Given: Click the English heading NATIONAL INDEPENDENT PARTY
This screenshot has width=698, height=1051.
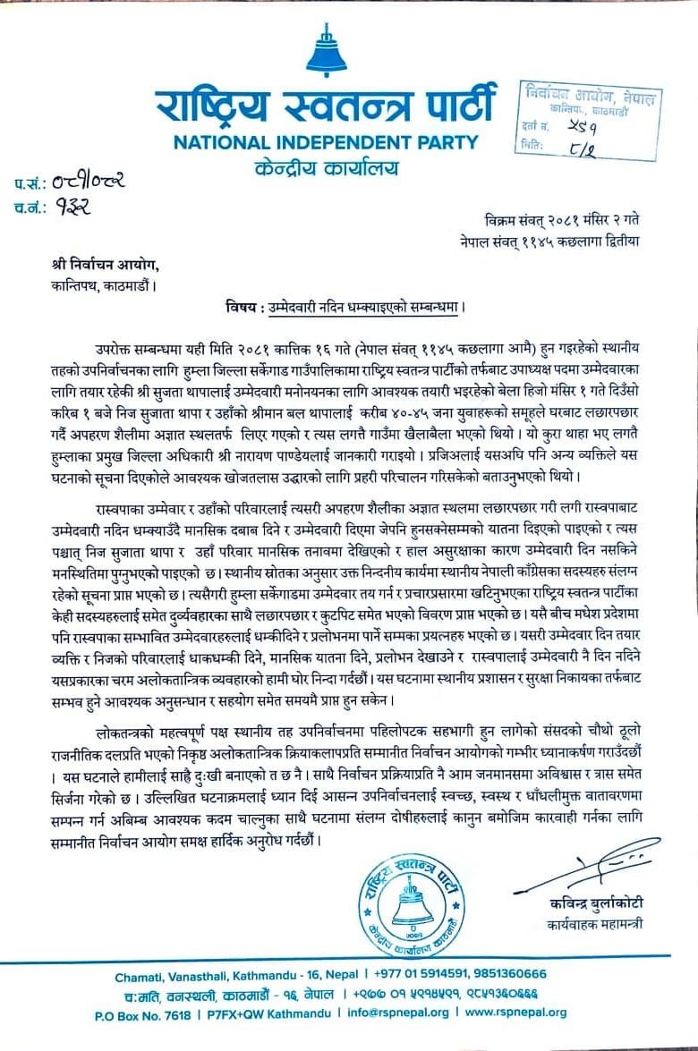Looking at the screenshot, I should (x=326, y=142).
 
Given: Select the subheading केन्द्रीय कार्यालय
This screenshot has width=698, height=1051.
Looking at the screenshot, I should (x=326, y=167).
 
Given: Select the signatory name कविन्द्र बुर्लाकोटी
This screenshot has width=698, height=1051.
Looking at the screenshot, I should (x=597, y=905).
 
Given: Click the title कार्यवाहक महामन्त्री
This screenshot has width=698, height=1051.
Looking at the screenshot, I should (x=597, y=924).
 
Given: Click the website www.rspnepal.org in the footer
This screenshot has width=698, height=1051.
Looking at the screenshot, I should (x=516, y=1013).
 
